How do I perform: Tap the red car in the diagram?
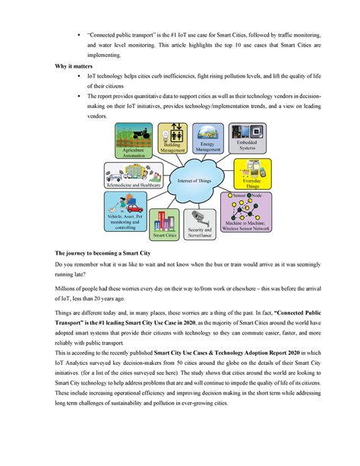point(133,206)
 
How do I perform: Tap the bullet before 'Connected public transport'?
point(78,35)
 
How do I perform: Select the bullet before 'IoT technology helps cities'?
point(78,77)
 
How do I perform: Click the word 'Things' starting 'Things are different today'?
point(64,312)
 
